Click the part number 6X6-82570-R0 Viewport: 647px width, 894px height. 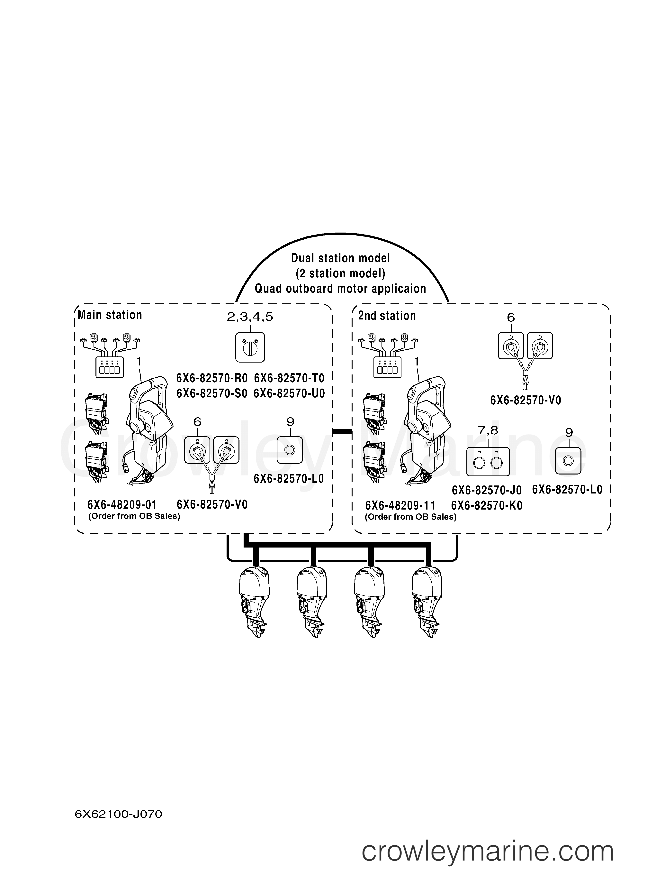(212, 378)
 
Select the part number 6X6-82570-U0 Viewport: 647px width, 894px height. (289, 393)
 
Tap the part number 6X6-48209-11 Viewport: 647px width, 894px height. (400, 505)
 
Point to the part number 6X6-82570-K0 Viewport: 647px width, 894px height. (487, 505)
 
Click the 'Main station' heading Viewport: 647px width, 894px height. (110, 315)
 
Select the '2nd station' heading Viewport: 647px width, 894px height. (387, 316)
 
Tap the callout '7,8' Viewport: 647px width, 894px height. (488, 431)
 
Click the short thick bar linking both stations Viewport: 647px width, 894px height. (342, 432)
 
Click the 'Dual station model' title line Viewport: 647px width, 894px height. (340, 258)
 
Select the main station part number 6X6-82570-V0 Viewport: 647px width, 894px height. (212, 504)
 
